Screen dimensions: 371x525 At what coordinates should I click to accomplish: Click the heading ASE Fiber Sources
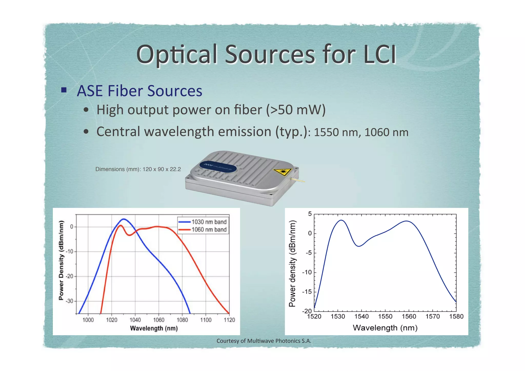[x=139, y=91]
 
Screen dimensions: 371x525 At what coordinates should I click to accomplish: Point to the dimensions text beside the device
[x=138, y=169]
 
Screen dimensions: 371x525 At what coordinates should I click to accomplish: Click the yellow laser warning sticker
[x=282, y=172]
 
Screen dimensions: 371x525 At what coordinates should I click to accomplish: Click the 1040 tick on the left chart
[x=135, y=320]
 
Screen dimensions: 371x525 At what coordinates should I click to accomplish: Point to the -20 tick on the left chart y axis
[x=69, y=276]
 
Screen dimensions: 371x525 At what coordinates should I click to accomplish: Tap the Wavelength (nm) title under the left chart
[x=154, y=328]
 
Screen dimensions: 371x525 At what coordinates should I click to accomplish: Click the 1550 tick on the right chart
[x=385, y=316]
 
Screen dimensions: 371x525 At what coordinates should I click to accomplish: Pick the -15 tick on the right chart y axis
[x=307, y=292]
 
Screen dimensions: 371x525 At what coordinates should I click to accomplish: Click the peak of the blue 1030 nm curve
[x=124, y=219]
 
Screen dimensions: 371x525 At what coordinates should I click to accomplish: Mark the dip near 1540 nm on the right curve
[x=359, y=246]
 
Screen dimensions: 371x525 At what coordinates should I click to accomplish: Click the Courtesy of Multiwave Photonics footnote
[x=264, y=341]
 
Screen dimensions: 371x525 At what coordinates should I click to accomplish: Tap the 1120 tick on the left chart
[x=229, y=320]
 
